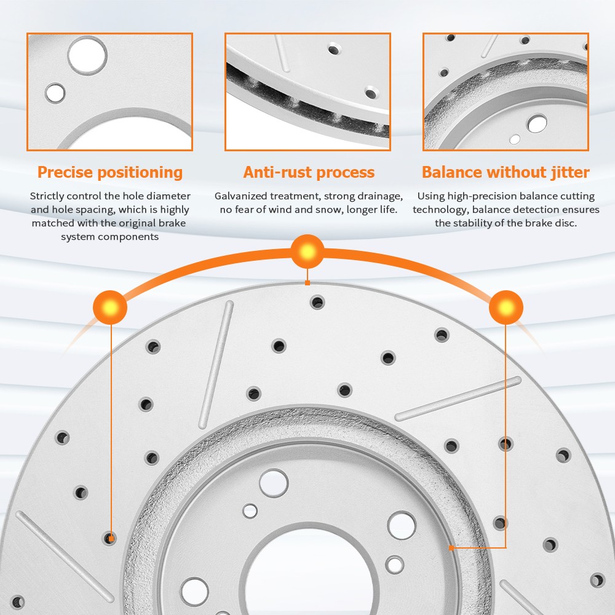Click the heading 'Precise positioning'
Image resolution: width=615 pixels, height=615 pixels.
110,173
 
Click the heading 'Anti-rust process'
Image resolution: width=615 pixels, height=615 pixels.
309,172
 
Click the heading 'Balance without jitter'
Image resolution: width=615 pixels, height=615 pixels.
506,173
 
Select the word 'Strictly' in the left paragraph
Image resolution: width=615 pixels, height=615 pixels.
47,196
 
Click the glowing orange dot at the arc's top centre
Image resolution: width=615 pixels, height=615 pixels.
307,252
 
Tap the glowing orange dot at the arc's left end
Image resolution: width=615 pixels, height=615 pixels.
110,307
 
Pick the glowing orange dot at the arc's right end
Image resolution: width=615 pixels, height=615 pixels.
506,307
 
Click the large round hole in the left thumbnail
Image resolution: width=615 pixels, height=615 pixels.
87,55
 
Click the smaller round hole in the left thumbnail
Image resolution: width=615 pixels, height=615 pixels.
55,93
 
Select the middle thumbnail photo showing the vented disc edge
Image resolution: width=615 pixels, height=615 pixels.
307,92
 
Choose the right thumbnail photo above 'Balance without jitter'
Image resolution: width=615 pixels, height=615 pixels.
506,92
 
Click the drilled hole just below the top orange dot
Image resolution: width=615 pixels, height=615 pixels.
317,303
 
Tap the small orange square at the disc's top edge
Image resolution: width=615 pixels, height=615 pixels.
307,283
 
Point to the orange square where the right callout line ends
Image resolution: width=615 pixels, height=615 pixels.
451,547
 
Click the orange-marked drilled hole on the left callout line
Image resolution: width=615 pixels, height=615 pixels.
110,538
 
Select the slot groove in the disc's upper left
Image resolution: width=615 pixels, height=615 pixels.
216,364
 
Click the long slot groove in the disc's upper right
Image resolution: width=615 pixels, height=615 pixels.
458,399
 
